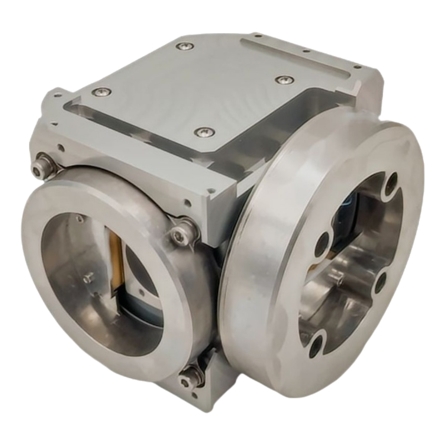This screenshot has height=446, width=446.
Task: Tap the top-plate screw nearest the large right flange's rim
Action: (283, 79)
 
